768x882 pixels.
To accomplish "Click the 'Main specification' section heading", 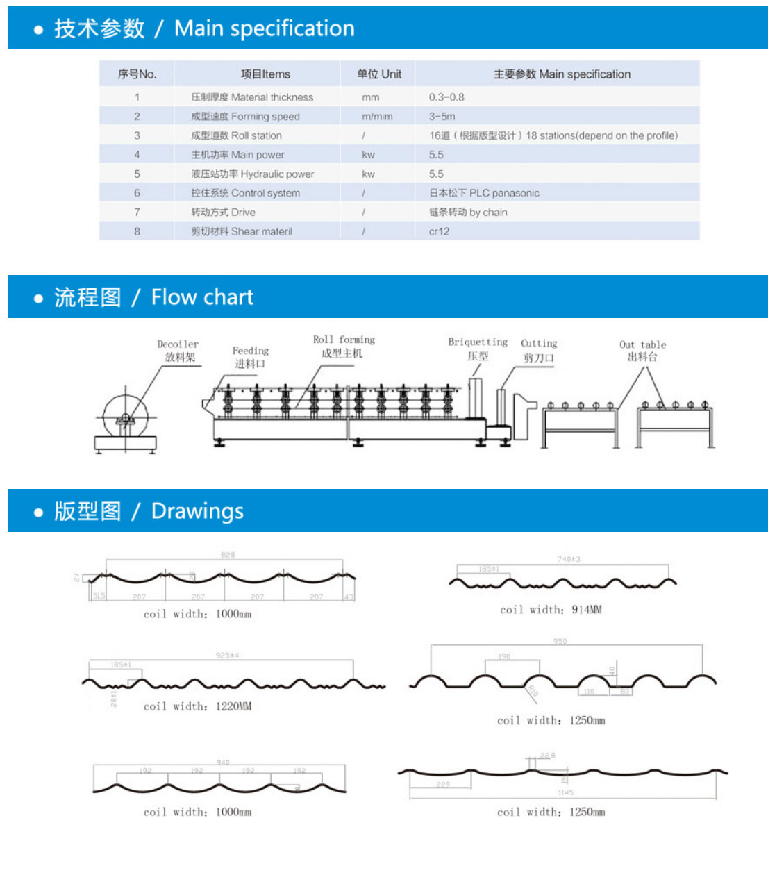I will click(204, 28).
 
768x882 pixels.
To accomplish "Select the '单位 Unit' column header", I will click(379, 74).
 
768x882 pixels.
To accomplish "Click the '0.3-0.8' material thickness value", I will click(446, 97).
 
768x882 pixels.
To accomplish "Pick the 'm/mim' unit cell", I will click(377, 117).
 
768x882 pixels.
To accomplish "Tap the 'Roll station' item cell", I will click(236, 135).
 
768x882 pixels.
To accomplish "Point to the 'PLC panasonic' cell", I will click(484, 193).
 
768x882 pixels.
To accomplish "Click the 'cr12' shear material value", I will click(439, 231).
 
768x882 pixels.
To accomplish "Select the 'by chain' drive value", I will click(468, 213).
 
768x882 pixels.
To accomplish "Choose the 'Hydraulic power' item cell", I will click(253, 174).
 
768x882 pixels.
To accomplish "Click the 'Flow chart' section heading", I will click(153, 297).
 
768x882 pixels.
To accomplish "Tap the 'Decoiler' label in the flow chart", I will click(178, 344).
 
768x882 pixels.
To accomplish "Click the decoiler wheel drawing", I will click(126, 417).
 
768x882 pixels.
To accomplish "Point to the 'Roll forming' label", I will click(344, 340).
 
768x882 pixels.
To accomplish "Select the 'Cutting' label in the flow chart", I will click(539, 344).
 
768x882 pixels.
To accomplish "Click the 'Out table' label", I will click(642, 345).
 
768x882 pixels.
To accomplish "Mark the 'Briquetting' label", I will click(478, 342).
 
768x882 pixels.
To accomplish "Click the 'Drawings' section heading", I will click(149, 511).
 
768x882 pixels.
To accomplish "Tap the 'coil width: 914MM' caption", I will click(551, 610).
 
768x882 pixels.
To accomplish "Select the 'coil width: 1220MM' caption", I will click(197, 706).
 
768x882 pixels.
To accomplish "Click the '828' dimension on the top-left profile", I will click(228, 555).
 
